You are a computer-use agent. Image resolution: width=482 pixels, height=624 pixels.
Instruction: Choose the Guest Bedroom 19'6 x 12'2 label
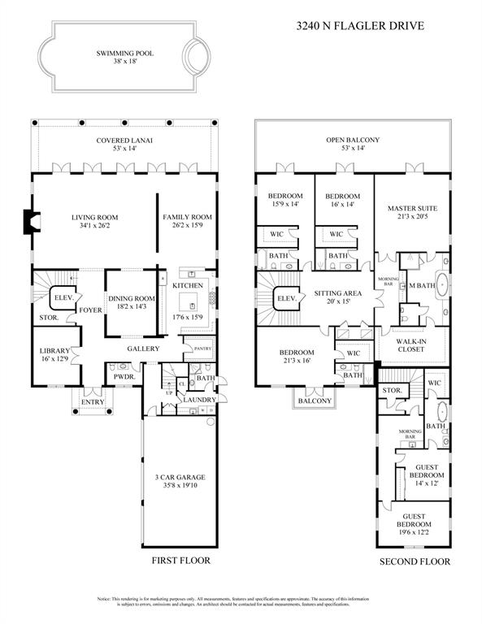click(411, 521)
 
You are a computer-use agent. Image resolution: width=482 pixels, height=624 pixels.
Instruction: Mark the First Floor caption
click(181, 561)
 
